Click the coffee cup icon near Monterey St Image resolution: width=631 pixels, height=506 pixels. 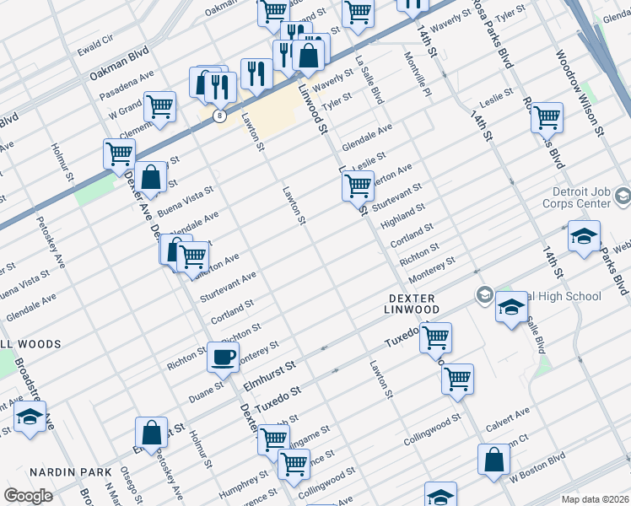pyautogui.click(x=224, y=358)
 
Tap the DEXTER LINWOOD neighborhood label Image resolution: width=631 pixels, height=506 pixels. pyautogui.click(x=414, y=304)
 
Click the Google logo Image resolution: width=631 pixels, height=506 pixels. pyautogui.click(x=28, y=496)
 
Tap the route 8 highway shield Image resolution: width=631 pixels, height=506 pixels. pyautogui.click(x=219, y=116)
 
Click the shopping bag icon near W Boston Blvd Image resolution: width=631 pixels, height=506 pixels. pyautogui.click(x=493, y=460)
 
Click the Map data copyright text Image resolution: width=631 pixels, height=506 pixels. pyautogui.click(x=594, y=499)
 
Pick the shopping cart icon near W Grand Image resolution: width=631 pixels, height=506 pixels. pyautogui.click(x=159, y=107)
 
